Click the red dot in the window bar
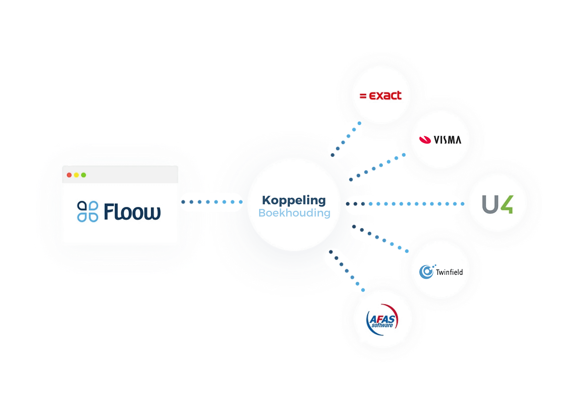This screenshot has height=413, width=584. click(69, 175)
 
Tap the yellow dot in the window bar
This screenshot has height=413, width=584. click(76, 175)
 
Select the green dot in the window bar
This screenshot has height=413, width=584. click(84, 175)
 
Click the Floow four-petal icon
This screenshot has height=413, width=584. click(88, 212)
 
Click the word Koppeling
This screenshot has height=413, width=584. click(294, 201)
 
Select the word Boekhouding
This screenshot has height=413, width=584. click(294, 213)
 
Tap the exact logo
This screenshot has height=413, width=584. click(381, 96)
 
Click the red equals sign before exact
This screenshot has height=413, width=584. click(363, 96)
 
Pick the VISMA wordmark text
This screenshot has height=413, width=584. click(447, 140)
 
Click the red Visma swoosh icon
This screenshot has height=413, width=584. click(425, 140)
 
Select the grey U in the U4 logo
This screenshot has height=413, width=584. click(490, 205)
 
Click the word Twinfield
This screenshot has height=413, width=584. click(449, 272)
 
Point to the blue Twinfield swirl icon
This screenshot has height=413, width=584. click(426, 272)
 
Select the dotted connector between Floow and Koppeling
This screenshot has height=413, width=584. click(212, 202)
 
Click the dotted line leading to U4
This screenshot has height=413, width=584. click(405, 204)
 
